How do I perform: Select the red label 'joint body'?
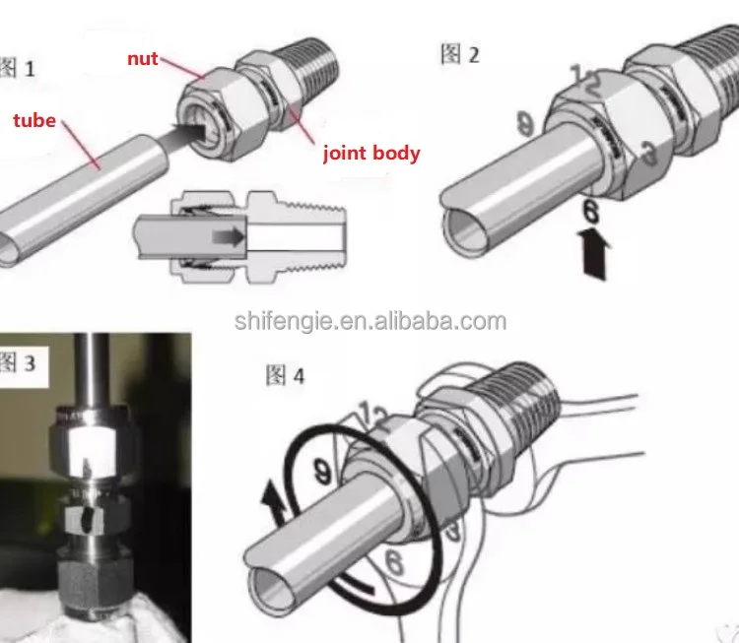pos(372,153)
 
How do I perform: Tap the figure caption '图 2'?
pos(459,54)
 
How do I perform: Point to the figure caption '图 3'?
pos(18,363)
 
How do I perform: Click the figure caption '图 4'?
pos(286,376)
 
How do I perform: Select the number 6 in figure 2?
pos(590,210)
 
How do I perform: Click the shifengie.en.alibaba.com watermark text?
pos(370,321)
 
